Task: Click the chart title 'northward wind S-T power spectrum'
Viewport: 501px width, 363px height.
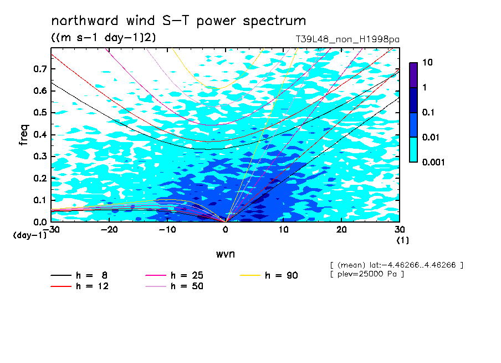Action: point(178,21)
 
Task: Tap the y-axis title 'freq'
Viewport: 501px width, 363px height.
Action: point(24,135)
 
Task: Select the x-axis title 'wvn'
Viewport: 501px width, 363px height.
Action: point(226,254)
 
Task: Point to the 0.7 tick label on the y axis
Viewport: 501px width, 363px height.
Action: point(40,69)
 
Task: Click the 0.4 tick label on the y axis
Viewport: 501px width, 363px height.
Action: point(40,134)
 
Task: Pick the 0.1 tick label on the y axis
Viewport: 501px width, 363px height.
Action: point(40,200)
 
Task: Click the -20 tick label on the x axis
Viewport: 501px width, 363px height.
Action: point(109,230)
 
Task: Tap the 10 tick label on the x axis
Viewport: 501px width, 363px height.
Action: point(283,230)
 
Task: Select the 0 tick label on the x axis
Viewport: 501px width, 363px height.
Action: point(226,230)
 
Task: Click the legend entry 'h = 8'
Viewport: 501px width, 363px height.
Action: point(79,275)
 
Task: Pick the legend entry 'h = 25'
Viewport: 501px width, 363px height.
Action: point(174,275)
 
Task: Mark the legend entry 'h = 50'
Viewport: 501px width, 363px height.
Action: point(174,286)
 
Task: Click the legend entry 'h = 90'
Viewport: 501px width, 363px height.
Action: point(269,275)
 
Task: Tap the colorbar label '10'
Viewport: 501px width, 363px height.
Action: point(427,62)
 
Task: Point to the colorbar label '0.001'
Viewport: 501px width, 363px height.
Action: point(433,162)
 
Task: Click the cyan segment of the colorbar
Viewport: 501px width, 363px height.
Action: point(413,150)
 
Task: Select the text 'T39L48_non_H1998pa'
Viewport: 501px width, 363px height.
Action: point(347,39)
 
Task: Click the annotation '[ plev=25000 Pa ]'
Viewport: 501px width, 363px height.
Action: point(367,274)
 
